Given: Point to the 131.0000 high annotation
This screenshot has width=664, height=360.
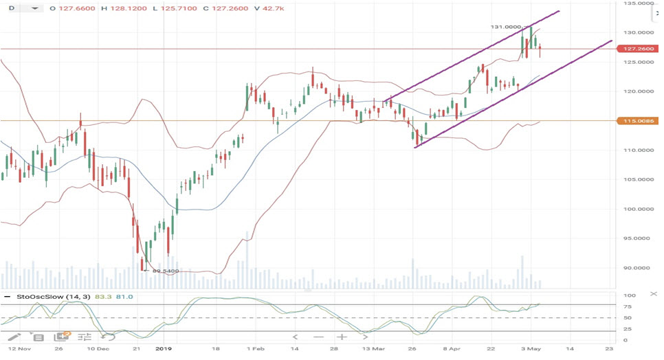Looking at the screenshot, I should pyautogui.click(x=507, y=27).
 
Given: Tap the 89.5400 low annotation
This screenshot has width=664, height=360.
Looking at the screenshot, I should pyautogui.click(x=166, y=271).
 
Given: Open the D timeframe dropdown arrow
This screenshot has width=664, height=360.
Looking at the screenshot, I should pyautogui.click(x=32, y=9).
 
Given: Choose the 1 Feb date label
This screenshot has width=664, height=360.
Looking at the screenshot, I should pyautogui.click(x=255, y=349).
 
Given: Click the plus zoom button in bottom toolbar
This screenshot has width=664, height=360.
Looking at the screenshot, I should pyautogui.click(x=342, y=337).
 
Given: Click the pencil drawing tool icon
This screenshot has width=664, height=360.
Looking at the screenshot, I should pyautogui.click(x=14, y=337).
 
